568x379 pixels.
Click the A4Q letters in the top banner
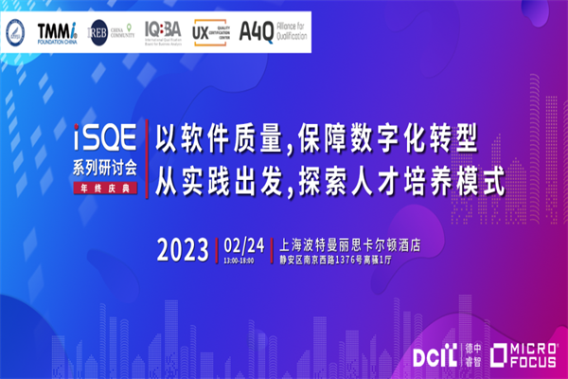click(x=253, y=33)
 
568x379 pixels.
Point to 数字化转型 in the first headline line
click(x=415, y=142)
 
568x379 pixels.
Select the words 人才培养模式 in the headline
click(x=437, y=180)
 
